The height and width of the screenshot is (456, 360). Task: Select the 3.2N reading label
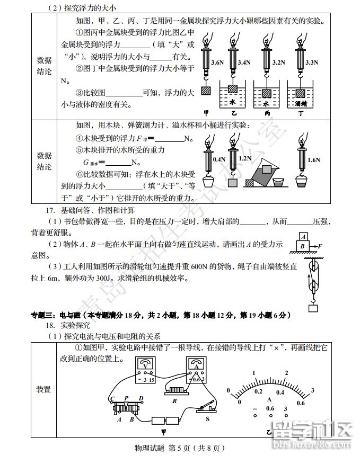278,62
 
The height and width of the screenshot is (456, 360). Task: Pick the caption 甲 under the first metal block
206,113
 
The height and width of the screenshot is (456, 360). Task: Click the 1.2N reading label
245,158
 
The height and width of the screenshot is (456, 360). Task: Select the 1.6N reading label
314,160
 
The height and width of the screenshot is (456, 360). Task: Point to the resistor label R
174,401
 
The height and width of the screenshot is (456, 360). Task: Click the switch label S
207,418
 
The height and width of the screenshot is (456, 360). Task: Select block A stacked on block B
303,237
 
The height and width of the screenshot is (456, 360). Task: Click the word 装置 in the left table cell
43,390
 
